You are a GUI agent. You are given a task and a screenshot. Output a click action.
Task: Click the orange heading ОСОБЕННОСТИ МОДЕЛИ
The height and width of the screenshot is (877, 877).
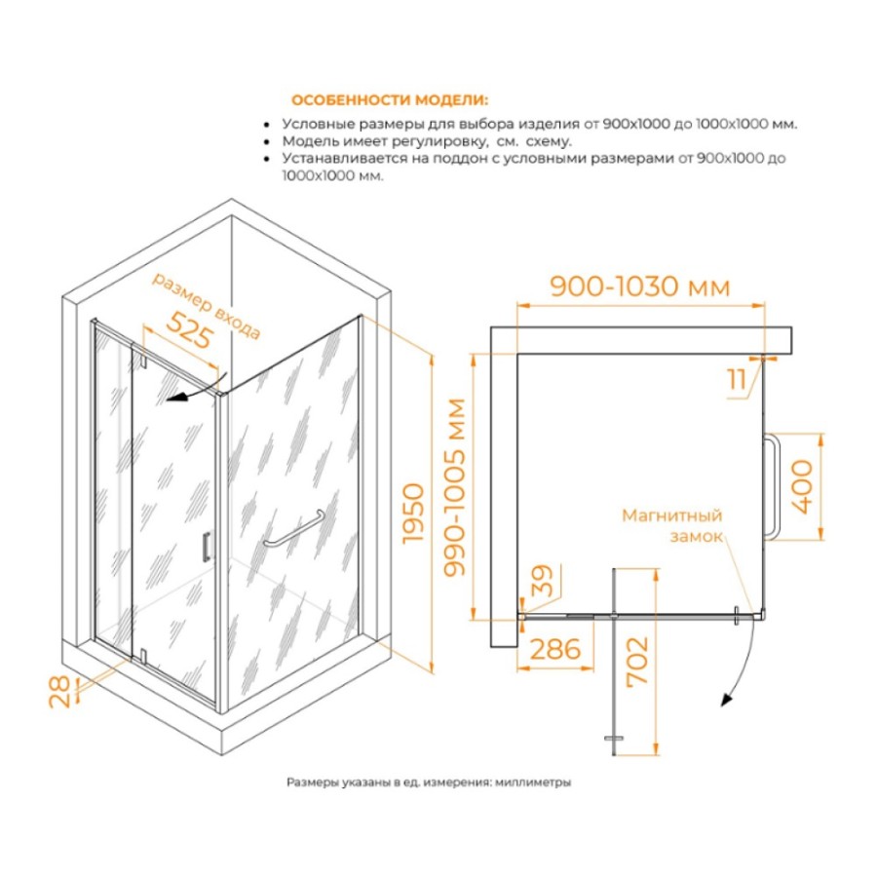(390, 100)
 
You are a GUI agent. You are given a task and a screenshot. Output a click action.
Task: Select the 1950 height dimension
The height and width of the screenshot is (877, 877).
(414, 513)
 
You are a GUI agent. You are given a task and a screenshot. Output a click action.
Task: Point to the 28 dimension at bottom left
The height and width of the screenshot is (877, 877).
(59, 693)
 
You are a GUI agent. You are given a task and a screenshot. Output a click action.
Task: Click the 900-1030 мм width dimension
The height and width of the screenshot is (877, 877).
(640, 286)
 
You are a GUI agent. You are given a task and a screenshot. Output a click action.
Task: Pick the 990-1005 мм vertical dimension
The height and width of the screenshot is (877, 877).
(454, 487)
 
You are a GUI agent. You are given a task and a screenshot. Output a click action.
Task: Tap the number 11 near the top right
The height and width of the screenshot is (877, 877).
(738, 380)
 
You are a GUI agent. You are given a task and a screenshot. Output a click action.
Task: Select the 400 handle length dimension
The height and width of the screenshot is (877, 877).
(802, 486)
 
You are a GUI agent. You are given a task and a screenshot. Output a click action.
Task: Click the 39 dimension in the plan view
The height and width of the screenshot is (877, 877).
(542, 580)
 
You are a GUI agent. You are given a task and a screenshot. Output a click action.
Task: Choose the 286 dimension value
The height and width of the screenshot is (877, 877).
(554, 649)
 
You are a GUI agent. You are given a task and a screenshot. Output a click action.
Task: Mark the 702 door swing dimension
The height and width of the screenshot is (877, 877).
(637, 661)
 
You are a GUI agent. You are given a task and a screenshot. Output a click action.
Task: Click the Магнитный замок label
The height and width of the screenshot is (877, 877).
(672, 525)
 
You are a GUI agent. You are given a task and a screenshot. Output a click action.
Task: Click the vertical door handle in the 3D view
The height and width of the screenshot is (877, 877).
(206, 546)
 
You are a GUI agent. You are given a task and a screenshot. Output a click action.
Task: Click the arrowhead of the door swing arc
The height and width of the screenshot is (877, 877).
(726, 700)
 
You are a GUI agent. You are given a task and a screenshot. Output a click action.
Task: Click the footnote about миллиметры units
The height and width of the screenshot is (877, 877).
(429, 782)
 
